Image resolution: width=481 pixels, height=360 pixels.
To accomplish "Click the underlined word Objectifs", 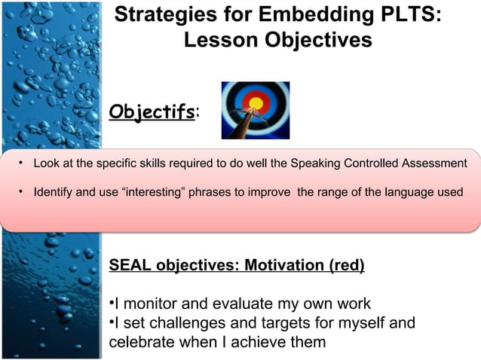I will click(x=152, y=113).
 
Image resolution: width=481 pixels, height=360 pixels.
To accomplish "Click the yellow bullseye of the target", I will click(x=255, y=102).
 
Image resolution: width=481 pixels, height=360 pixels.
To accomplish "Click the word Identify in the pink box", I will click(x=53, y=192).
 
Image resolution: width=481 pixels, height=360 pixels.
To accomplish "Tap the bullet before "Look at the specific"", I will click(x=22, y=163).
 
